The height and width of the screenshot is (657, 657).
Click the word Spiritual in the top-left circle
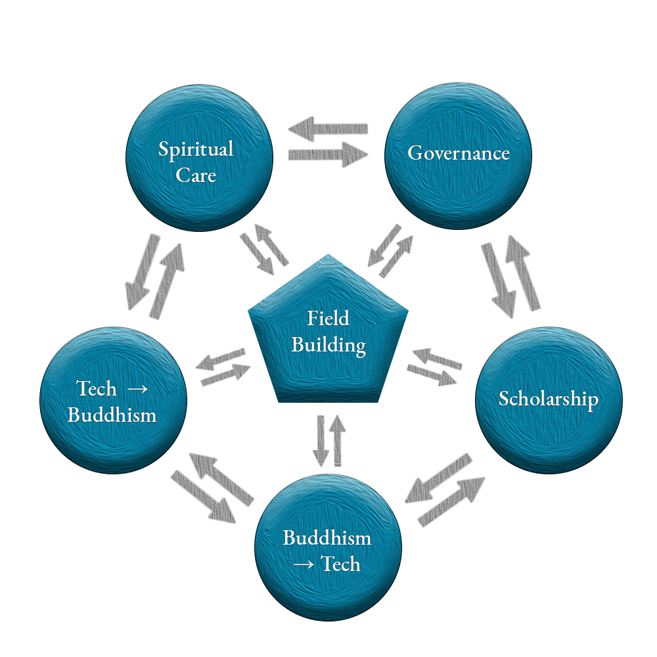[x=196, y=149]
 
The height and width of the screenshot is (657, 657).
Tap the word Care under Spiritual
[x=196, y=175]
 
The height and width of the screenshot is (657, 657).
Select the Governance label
[x=459, y=153]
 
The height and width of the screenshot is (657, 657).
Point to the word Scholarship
[x=548, y=399]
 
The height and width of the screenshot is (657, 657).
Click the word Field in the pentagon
[x=328, y=319]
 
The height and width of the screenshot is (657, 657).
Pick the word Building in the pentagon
[x=328, y=344]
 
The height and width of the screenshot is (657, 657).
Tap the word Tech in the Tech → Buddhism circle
[x=97, y=388]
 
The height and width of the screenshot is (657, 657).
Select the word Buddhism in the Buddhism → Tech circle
[x=327, y=538]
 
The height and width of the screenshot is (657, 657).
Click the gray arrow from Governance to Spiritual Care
[x=327, y=128]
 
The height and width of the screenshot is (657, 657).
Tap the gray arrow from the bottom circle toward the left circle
[x=220, y=474]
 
